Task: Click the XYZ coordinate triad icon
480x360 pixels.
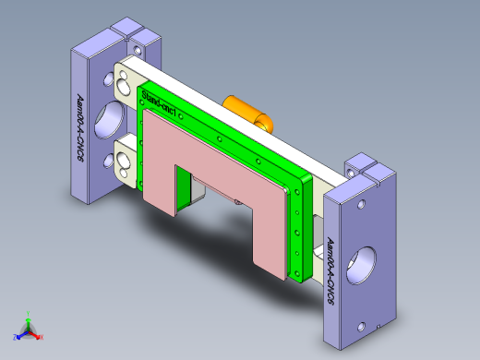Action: pyautogui.click(x=29, y=327)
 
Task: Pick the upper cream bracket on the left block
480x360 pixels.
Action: pyautogui.click(x=124, y=82)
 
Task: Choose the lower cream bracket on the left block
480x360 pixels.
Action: pyautogui.click(x=124, y=158)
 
